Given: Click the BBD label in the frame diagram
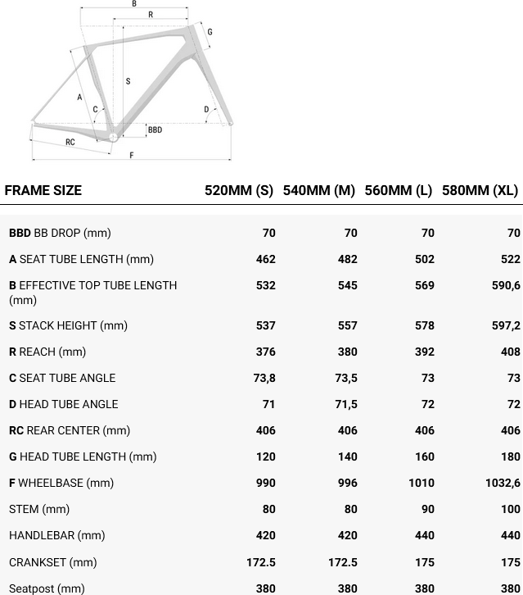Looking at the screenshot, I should tap(155, 130).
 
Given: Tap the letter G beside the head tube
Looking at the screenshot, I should tap(210, 32).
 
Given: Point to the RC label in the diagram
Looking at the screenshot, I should tap(70, 143).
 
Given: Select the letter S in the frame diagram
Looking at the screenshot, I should tap(128, 81).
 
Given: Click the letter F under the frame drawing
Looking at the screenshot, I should tap(132, 156).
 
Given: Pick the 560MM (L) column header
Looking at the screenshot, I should tap(398, 190).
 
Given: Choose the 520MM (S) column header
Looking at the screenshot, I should tap(239, 190).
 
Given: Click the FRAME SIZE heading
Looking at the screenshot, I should tap(43, 190).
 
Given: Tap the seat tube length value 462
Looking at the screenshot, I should tap(264, 259).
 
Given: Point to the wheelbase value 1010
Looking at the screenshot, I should tap(422, 483).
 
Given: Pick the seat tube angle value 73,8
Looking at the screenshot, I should tap(264, 378).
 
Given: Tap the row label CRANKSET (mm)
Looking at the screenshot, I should tap(52, 561).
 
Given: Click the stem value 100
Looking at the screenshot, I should tap(511, 509).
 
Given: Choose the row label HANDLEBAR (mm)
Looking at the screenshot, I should tap(56, 535).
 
